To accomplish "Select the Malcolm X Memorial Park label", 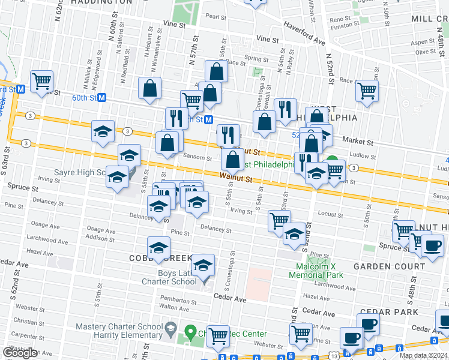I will pos(319,271).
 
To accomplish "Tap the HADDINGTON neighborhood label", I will pos(101,2).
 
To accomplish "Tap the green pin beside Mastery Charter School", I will pos(190,331).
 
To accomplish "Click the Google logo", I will pos(20,353).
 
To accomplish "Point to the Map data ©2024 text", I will pos(423,355).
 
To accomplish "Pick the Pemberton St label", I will pos(175,298).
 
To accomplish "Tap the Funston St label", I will pos(345,26).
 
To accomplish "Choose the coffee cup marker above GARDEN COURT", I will pos(432,245).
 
